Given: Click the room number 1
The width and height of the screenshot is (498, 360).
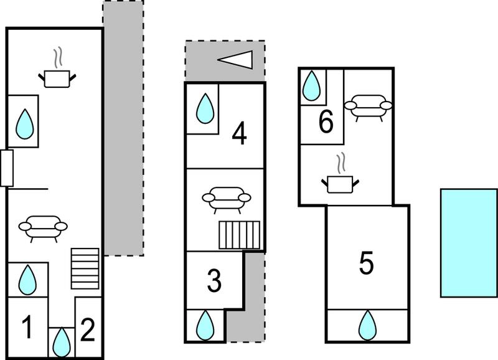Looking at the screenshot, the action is pyautogui.click(x=27, y=327).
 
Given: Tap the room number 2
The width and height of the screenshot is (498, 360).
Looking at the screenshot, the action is pyautogui.click(x=88, y=330).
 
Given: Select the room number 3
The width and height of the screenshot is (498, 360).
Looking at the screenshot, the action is pyautogui.click(x=214, y=280).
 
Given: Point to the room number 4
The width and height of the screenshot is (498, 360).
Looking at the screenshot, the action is pyautogui.click(x=240, y=134).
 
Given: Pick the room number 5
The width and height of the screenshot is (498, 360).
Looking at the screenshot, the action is pyautogui.click(x=366, y=262).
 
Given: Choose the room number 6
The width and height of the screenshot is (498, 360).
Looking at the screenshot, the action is pyautogui.click(x=326, y=121).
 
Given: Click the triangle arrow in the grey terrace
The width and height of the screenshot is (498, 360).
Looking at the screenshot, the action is pyautogui.click(x=235, y=60).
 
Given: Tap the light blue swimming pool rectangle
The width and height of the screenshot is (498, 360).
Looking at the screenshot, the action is pyautogui.click(x=469, y=243).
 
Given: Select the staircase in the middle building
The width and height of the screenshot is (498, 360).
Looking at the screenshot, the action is pyautogui.click(x=240, y=235).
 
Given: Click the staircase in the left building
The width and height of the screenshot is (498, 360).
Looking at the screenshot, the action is pyautogui.click(x=85, y=268).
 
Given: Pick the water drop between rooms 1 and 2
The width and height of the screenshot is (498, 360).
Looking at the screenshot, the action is pyautogui.click(x=61, y=342).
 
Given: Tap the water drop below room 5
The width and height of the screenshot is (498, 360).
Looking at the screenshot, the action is pyautogui.click(x=367, y=325).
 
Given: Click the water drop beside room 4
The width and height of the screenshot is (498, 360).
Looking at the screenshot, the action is pyautogui.click(x=205, y=108).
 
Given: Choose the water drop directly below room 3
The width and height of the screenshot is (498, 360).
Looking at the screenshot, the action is pyautogui.click(x=205, y=325).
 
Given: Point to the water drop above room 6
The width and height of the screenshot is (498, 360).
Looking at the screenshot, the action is pyautogui.click(x=312, y=86).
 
